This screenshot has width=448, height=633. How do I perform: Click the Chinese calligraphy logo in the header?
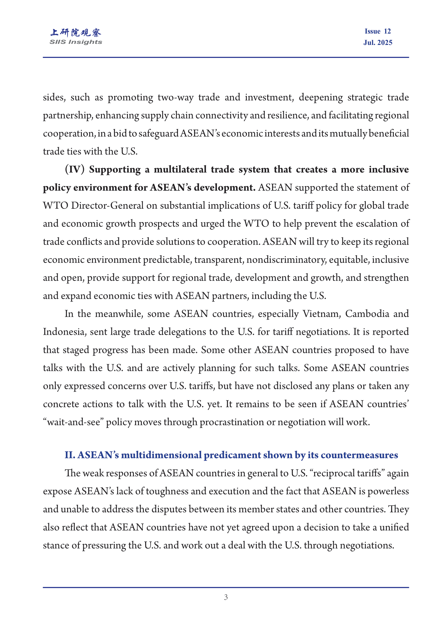[x=76, y=32]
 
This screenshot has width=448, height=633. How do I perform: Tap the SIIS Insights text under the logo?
[x=76, y=42]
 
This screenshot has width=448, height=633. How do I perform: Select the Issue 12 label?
[x=378, y=31]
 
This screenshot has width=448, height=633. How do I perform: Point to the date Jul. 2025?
[x=378, y=42]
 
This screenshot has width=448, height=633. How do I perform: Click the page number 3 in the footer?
[x=226, y=597]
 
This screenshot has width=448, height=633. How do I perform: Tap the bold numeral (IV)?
[x=74, y=169]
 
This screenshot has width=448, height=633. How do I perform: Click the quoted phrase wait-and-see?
[x=73, y=422]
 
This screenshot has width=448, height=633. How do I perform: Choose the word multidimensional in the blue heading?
[x=161, y=455]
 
